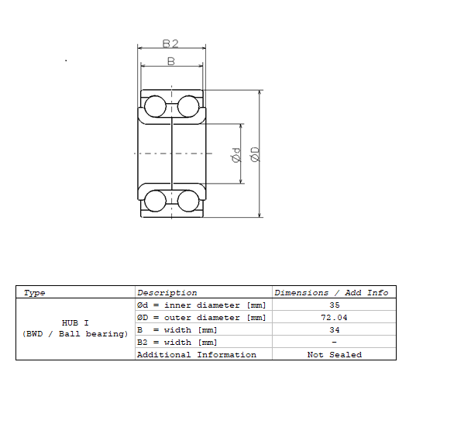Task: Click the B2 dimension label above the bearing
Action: pos(171,43)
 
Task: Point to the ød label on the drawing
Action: pos(236,154)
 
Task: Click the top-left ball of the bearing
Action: pos(155,106)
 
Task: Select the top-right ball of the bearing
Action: pos(188,106)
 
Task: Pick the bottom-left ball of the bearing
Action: pos(155,201)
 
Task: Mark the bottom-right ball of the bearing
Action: pos(188,201)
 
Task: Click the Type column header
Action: pos(35,293)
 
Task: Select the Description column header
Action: pos(167,293)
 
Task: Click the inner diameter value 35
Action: pos(334,305)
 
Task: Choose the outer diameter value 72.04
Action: pos(334,318)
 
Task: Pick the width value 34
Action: pos(334,330)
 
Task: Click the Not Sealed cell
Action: pos(334,355)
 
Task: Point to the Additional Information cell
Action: pos(196,355)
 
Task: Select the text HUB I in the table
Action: pos(75,322)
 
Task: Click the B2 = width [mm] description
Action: pos(177,343)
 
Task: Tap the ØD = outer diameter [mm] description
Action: pos(201,318)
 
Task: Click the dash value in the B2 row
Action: pos(334,343)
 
